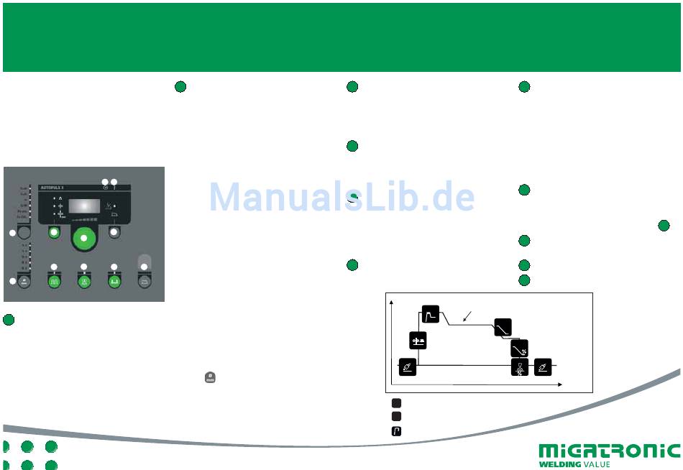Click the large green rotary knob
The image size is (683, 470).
tap(85, 239)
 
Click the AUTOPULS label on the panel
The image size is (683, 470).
tap(55, 188)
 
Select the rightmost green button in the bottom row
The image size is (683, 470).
tap(114, 281)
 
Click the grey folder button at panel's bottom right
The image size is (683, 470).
tap(145, 281)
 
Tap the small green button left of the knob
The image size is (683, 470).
tap(54, 232)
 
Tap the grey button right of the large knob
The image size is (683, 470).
tap(114, 232)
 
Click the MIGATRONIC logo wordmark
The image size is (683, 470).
tap(609, 451)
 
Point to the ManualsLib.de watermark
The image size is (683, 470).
tap(341, 196)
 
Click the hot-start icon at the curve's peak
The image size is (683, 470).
tap(430, 314)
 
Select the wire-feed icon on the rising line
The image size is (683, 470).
tap(418, 341)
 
